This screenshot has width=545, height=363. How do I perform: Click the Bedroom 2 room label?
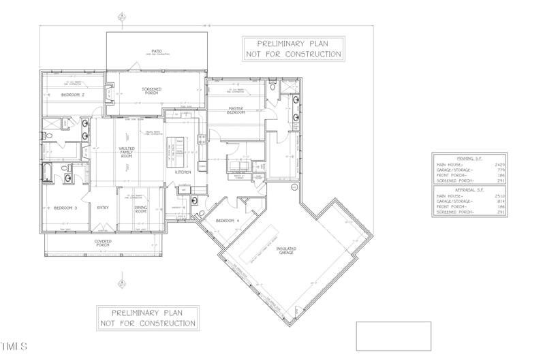point(73,95)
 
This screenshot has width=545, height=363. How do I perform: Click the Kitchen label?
point(183,172)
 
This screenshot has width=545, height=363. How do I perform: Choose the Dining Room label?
point(140,209)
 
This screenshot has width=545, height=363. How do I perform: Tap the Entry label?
point(103,208)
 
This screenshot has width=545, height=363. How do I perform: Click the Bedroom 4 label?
point(226,221)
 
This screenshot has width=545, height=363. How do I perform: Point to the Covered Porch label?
point(103,243)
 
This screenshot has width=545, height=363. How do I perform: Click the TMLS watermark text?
point(14,347)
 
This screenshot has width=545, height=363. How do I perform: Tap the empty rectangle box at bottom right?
point(394,336)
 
